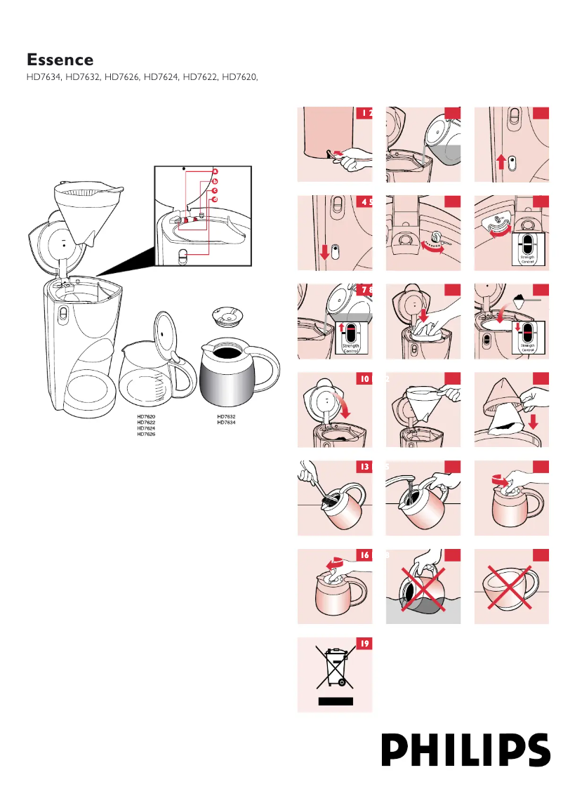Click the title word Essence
pyautogui.click(x=60, y=60)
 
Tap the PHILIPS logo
pyautogui.click(x=465, y=750)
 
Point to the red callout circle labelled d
pyautogui.click(x=216, y=199)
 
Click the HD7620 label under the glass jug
pyautogui.click(x=146, y=416)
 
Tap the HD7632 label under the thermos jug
pyautogui.click(x=226, y=416)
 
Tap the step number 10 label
pyautogui.click(x=364, y=380)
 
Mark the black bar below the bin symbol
pyautogui.click(x=335, y=701)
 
